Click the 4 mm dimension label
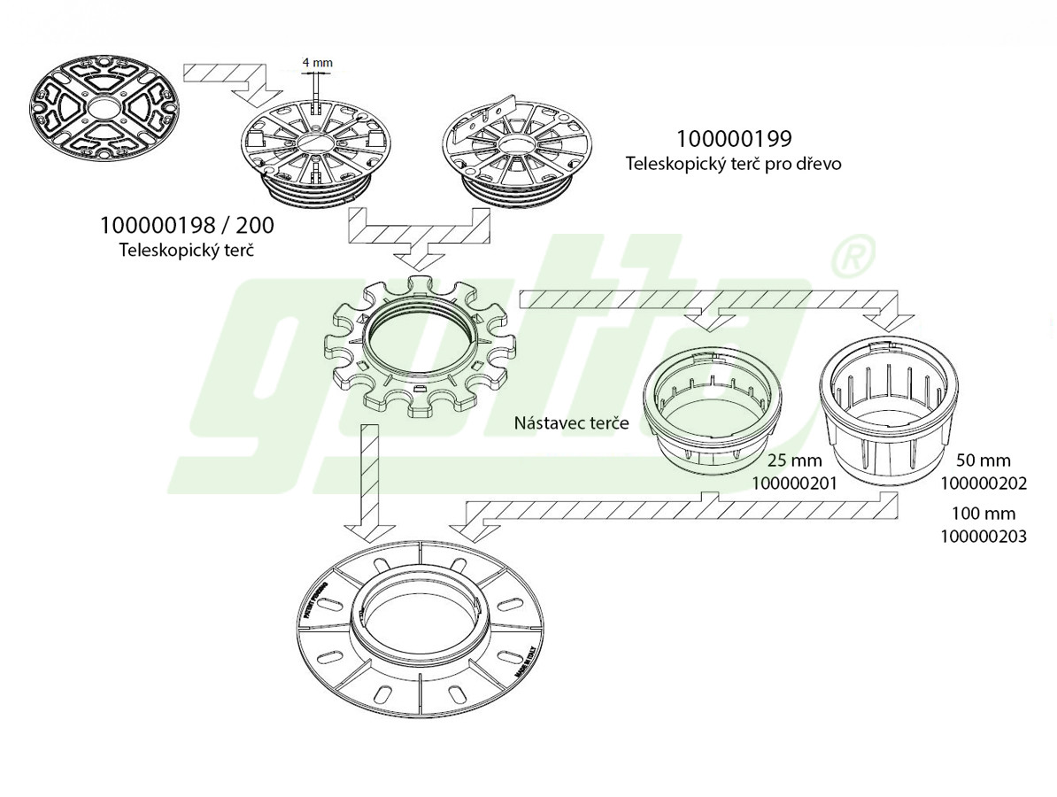coord(317,64)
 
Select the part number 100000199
coord(734,139)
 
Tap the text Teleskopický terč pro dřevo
coord(734,164)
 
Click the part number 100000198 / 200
coord(187,226)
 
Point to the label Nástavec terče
coord(571,422)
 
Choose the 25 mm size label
coord(794,460)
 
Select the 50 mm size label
coord(983,460)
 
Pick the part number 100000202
coord(983,484)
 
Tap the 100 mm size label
coord(983,514)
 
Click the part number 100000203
coord(983,536)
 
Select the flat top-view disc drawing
coord(103,110)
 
